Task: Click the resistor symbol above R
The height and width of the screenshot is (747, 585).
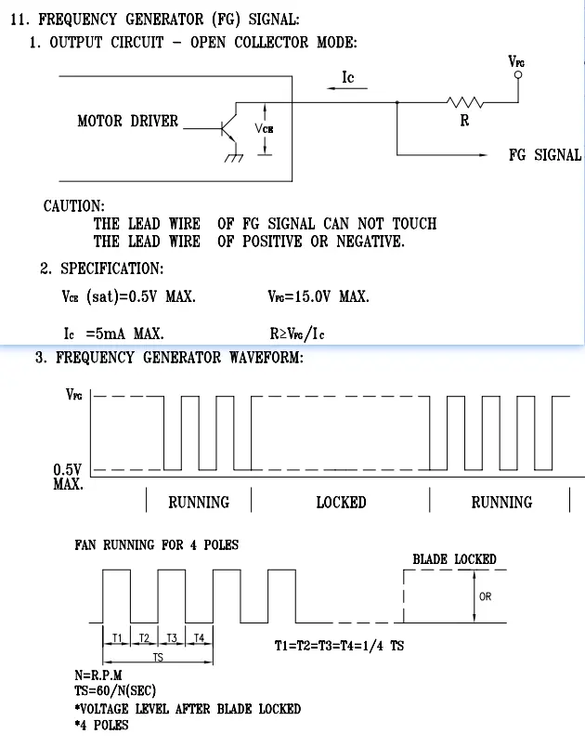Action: pyautogui.click(x=464, y=102)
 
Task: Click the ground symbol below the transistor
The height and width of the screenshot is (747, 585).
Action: pyautogui.click(x=232, y=158)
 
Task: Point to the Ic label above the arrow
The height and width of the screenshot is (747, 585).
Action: pyautogui.click(x=347, y=77)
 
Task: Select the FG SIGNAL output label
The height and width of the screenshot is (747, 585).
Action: pyautogui.click(x=544, y=155)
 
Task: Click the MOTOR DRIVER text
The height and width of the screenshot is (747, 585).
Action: pyautogui.click(x=127, y=121)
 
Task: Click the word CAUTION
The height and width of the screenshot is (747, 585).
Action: pyautogui.click(x=74, y=205)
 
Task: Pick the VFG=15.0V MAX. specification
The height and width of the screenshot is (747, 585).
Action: pyautogui.click(x=318, y=297)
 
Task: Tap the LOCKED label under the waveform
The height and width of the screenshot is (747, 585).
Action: pyautogui.click(x=341, y=503)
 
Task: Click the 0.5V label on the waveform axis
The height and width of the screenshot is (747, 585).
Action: pyautogui.click(x=68, y=469)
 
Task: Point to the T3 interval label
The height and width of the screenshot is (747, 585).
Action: pyautogui.click(x=172, y=637)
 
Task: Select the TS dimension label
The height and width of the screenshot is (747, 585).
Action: pyautogui.click(x=157, y=658)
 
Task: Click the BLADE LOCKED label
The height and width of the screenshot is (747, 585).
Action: pyautogui.click(x=454, y=559)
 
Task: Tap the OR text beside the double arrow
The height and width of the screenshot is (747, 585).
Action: pyautogui.click(x=485, y=596)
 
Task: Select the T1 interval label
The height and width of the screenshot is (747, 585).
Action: pyautogui.click(x=117, y=637)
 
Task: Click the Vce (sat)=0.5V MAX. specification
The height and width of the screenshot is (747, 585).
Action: pyautogui.click(x=127, y=297)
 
